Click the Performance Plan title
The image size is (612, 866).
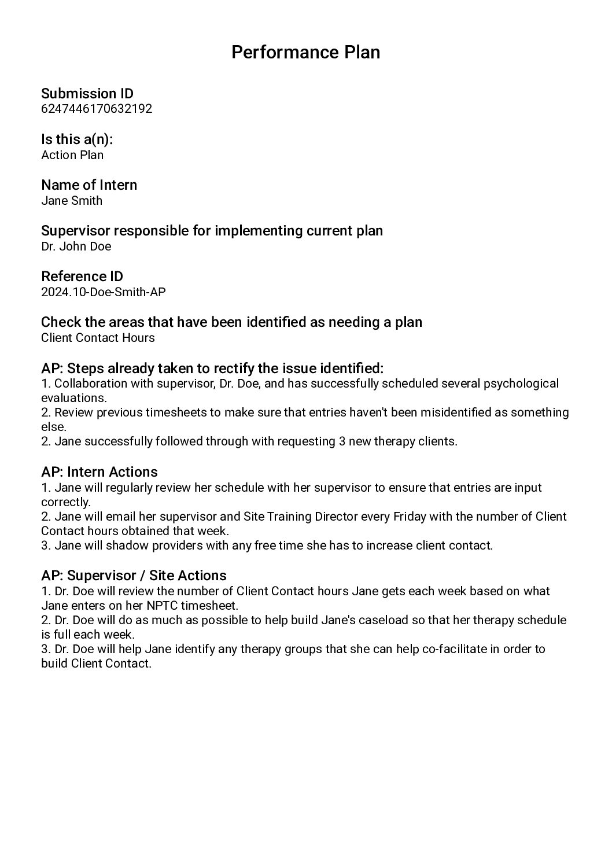[x=305, y=52]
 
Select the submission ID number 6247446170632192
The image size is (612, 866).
[x=97, y=109]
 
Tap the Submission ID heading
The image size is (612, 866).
[x=87, y=94]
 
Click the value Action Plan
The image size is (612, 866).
[x=72, y=155]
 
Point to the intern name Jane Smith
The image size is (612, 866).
[x=72, y=201]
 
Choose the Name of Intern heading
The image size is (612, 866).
[x=89, y=185]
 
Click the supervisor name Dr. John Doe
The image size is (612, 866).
[x=76, y=246]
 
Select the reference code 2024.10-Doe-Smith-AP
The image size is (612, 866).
[x=104, y=292]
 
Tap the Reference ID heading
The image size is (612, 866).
[x=82, y=277]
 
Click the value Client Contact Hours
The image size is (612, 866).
[x=98, y=338]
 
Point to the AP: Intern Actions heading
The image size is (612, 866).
[x=99, y=472]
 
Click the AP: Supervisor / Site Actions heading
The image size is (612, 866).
[x=134, y=576]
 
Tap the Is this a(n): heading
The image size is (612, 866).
[x=77, y=139]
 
